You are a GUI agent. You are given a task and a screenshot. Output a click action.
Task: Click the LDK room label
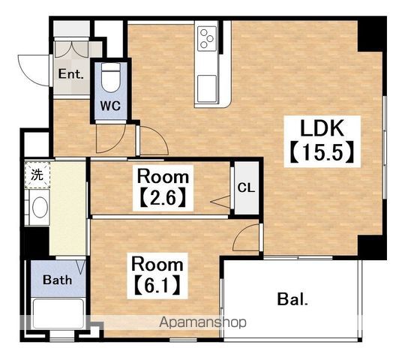(322, 128)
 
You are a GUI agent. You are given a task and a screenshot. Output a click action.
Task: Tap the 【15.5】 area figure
(322, 152)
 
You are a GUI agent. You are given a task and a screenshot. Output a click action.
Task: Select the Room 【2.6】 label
(163, 188)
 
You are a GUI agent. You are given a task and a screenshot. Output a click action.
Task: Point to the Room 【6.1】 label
(157, 275)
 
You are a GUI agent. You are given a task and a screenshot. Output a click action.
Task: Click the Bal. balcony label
(292, 299)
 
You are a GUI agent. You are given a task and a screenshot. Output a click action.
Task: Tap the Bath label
(57, 280)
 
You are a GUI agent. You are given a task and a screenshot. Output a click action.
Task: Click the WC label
(110, 106)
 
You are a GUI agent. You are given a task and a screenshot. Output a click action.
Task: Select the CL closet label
(246, 188)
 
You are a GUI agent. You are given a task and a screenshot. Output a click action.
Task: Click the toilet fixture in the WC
(111, 77)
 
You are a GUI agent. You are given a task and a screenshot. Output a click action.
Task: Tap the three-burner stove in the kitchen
(207, 39)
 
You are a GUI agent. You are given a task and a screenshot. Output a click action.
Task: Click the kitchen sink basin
(207, 88)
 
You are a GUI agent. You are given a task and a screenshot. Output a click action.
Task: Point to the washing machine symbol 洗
(37, 175)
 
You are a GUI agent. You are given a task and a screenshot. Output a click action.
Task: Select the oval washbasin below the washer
(40, 207)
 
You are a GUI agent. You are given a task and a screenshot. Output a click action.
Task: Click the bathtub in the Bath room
(58, 313)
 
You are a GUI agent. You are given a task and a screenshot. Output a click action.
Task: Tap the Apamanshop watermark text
(202, 322)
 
